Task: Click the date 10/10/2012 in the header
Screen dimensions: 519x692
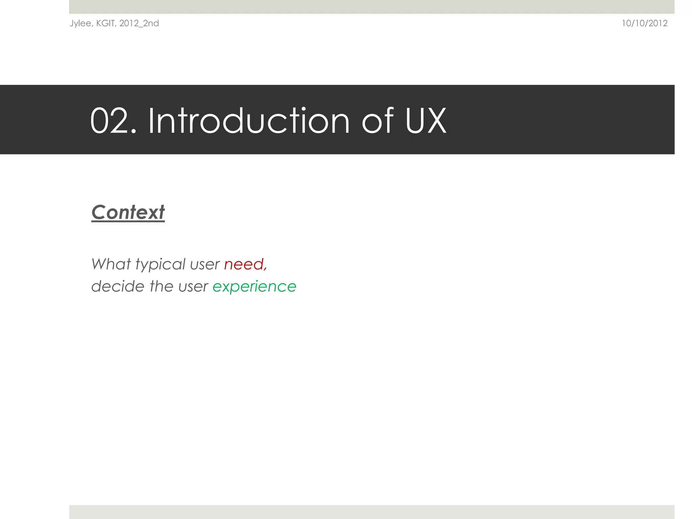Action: click(x=644, y=23)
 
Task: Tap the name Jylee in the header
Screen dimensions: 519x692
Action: click(x=80, y=23)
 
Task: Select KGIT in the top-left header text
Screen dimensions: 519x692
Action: click(x=106, y=23)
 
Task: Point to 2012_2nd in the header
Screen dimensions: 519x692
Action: click(x=139, y=23)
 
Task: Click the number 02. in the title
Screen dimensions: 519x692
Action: click(x=113, y=121)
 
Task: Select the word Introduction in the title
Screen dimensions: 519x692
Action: click(x=249, y=120)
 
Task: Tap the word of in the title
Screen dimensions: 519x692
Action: click(x=378, y=120)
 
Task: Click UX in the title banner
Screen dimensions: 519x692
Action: click(x=425, y=120)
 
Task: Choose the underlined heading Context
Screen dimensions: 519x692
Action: click(x=128, y=212)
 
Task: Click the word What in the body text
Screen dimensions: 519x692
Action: click(x=111, y=264)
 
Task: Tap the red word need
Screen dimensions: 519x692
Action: click(x=244, y=264)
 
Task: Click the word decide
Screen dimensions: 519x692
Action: click(x=118, y=286)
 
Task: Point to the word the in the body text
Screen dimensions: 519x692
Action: click(x=162, y=286)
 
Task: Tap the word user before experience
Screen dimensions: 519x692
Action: click(x=193, y=287)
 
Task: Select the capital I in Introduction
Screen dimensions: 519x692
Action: click(x=151, y=120)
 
